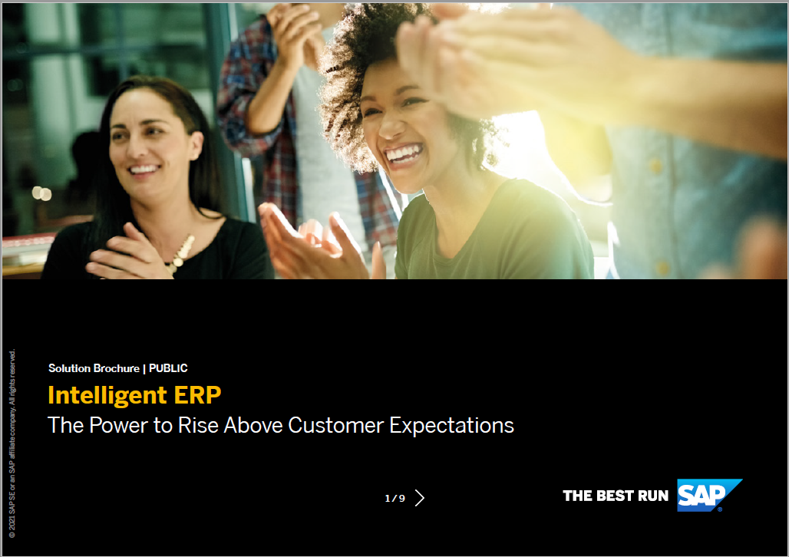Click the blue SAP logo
tap(708, 495)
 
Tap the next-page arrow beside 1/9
tap(420, 498)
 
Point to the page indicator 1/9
tap(395, 498)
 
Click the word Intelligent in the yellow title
tap(107, 395)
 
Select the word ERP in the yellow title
tap(198, 395)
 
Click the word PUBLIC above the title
tap(168, 368)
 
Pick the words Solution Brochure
tap(94, 368)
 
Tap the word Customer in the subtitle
tap(335, 425)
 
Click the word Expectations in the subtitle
tap(452, 426)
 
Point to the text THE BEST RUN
tap(616, 496)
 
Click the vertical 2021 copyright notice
tap(12, 443)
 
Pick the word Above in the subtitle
tap(253, 425)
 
